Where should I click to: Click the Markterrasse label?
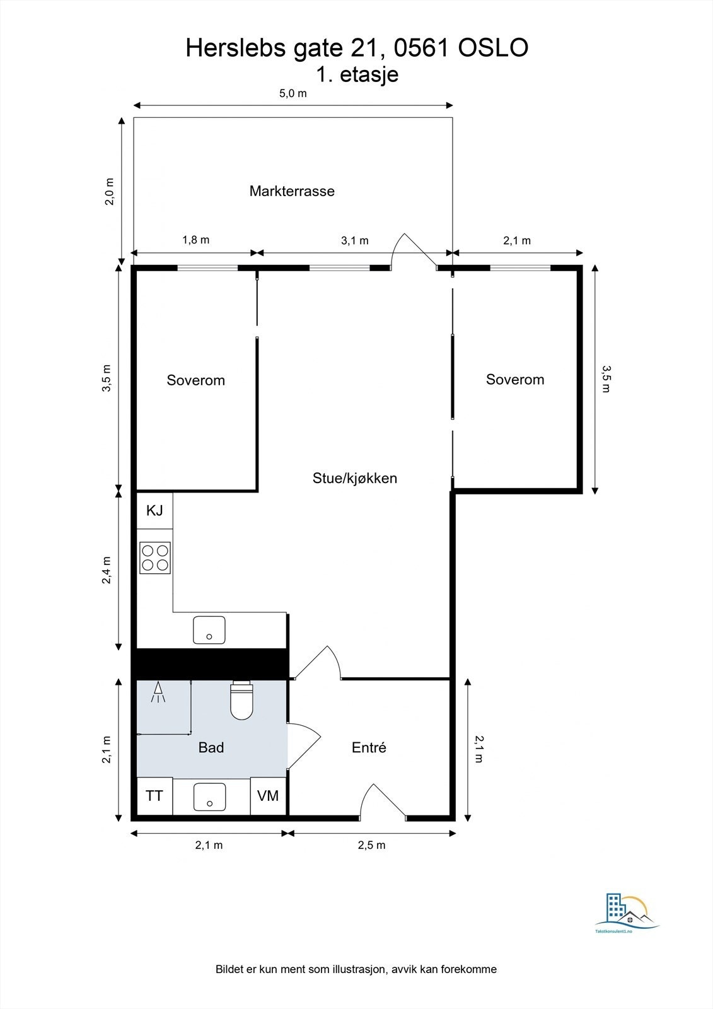[292, 191]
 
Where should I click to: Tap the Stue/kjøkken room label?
[355, 478]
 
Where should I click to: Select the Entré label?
[369, 747]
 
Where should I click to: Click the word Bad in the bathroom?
[211, 747]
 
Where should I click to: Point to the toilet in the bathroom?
[241, 701]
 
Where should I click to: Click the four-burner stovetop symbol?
[155, 557]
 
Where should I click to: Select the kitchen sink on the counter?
[209, 629]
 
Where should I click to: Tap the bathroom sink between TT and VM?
[209, 796]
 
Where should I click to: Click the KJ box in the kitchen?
[154, 510]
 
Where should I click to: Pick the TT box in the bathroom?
[154, 796]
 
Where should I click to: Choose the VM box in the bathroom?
[268, 796]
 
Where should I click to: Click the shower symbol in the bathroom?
[158, 693]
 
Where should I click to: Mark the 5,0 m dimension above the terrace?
[293, 94]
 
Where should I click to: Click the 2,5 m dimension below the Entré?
[371, 845]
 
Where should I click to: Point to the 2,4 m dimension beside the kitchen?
[107, 569]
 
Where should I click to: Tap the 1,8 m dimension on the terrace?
[195, 240]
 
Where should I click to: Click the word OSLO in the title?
[493, 49]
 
